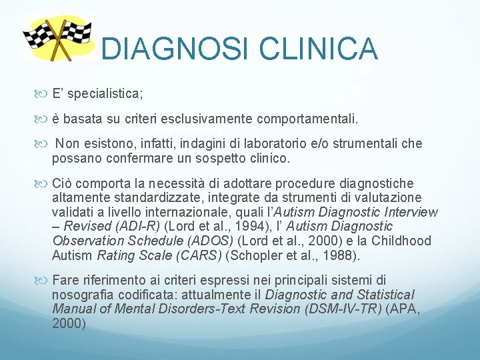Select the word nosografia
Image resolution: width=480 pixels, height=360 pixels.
(82, 295)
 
